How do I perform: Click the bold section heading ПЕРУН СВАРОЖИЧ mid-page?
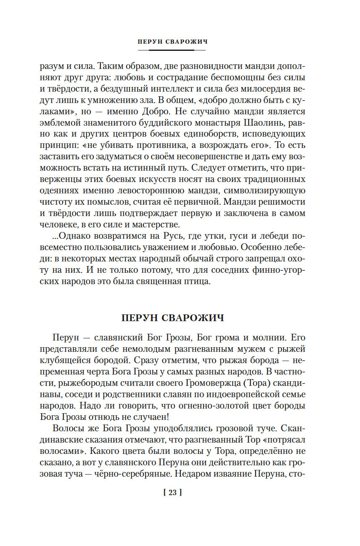172,318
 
